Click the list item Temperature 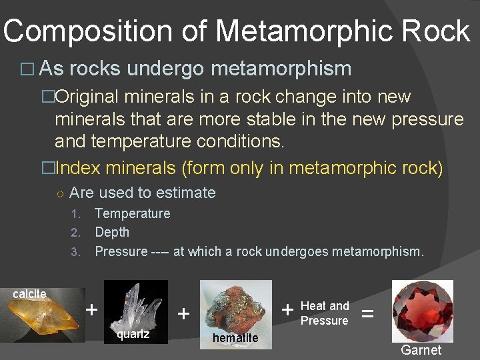[x=133, y=213]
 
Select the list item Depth [x=112, y=232]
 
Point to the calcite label [x=29, y=294]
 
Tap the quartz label [x=133, y=334]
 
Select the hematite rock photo [x=236, y=306]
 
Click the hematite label [x=235, y=338]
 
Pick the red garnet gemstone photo [x=422, y=311]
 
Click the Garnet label [x=421, y=350]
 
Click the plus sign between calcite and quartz [x=92, y=309]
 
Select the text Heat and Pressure [x=325, y=313]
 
